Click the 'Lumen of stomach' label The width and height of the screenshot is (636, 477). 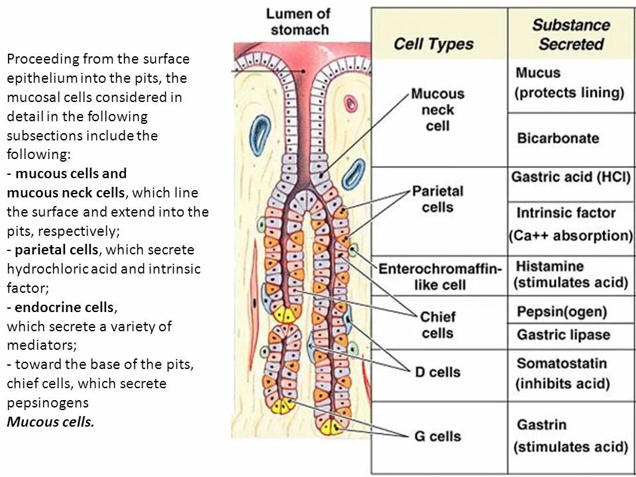point(299,22)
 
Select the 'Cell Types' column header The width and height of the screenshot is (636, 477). point(434,44)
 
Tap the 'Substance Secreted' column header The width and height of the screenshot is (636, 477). point(570,34)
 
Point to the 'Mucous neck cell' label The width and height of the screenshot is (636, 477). point(437,109)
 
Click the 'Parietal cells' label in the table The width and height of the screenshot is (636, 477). point(437,199)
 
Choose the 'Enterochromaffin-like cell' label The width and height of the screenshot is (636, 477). point(439,277)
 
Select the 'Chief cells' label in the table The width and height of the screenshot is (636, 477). point(437,325)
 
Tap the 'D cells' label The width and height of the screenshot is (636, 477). point(438,372)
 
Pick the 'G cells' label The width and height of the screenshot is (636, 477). point(437,436)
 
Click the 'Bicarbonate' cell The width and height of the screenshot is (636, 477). point(558,138)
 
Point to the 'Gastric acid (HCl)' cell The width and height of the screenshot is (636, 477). point(570,178)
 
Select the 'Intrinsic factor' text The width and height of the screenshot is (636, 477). point(566,213)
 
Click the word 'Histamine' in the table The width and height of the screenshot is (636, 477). point(550,266)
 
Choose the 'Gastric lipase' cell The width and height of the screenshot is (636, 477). point(563,335)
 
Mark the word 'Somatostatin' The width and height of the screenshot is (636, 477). point(561,363)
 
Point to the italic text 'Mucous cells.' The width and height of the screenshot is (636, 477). point(50,422)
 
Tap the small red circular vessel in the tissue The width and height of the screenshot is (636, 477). point(350,103)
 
